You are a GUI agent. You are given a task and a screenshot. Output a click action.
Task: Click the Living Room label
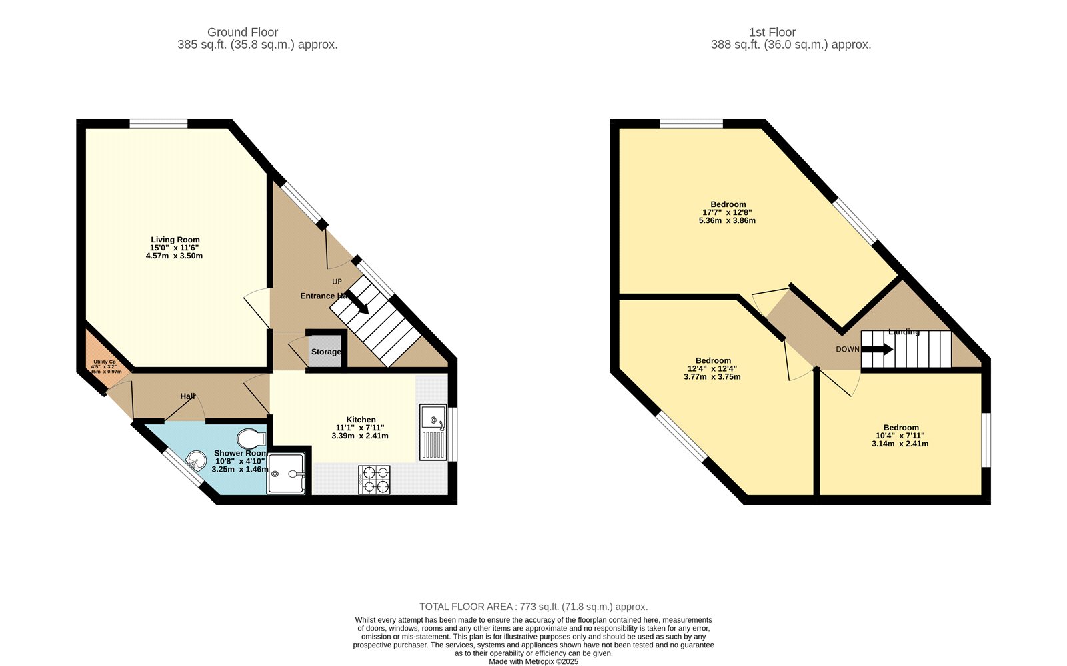click(x=175, y=240)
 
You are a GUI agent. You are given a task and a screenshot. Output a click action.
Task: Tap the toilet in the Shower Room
click(x=252, y=438)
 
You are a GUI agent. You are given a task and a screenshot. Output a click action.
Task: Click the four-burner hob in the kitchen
click(x=375, y=480)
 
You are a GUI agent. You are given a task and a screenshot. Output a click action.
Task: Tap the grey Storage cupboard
click(x=325, y=351)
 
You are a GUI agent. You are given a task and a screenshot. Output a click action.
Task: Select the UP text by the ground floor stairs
click(x=337, y=282)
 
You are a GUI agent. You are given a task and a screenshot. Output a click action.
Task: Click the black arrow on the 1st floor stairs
click(x=880, y=349)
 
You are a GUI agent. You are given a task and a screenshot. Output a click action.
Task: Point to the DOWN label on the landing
click(x=848, y=349)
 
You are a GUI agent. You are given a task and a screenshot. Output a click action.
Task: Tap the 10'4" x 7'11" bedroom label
click(x=901, y=428)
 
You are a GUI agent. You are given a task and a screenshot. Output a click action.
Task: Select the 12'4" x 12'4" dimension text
click(x=712, y=368)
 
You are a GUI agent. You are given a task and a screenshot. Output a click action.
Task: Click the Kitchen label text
click(x=361, y=420)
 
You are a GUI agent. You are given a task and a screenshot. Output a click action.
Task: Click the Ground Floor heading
click(x=243, y=32)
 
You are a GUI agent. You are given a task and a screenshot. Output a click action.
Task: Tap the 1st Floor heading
click(x=772, y=32)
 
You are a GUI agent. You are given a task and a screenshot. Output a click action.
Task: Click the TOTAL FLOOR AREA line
click(x=533, y=607)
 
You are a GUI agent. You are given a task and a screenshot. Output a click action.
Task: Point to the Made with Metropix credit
click(x=533, y=662)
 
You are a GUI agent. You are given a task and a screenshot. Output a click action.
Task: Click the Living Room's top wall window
click(x=159, y=123)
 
